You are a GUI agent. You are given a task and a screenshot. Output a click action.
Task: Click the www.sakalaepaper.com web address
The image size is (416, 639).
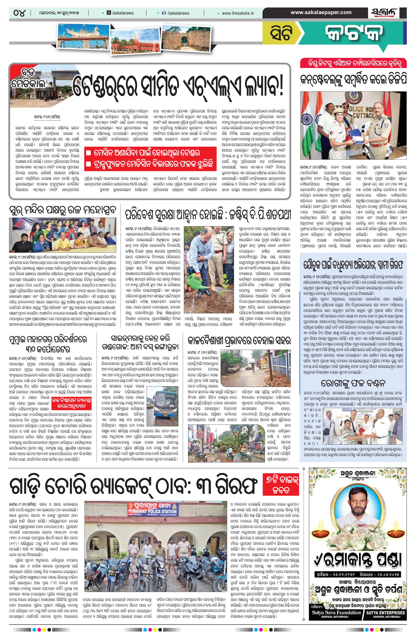(x=321, y=12)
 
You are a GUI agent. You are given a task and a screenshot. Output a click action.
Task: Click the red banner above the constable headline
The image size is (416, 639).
(x=353, y=64)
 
